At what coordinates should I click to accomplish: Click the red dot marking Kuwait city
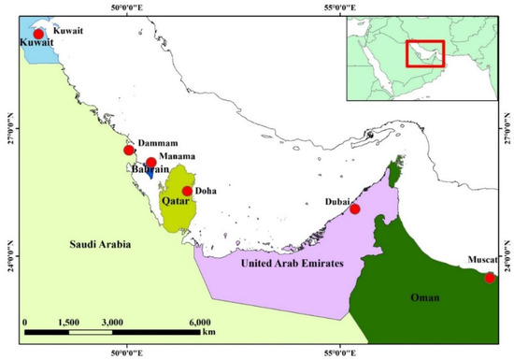38,35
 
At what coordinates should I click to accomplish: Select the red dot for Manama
151,163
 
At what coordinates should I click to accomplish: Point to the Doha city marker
188,191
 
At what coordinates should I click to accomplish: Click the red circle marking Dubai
355,209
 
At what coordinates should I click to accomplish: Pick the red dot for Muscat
490,278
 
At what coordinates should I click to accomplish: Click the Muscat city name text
483,261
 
